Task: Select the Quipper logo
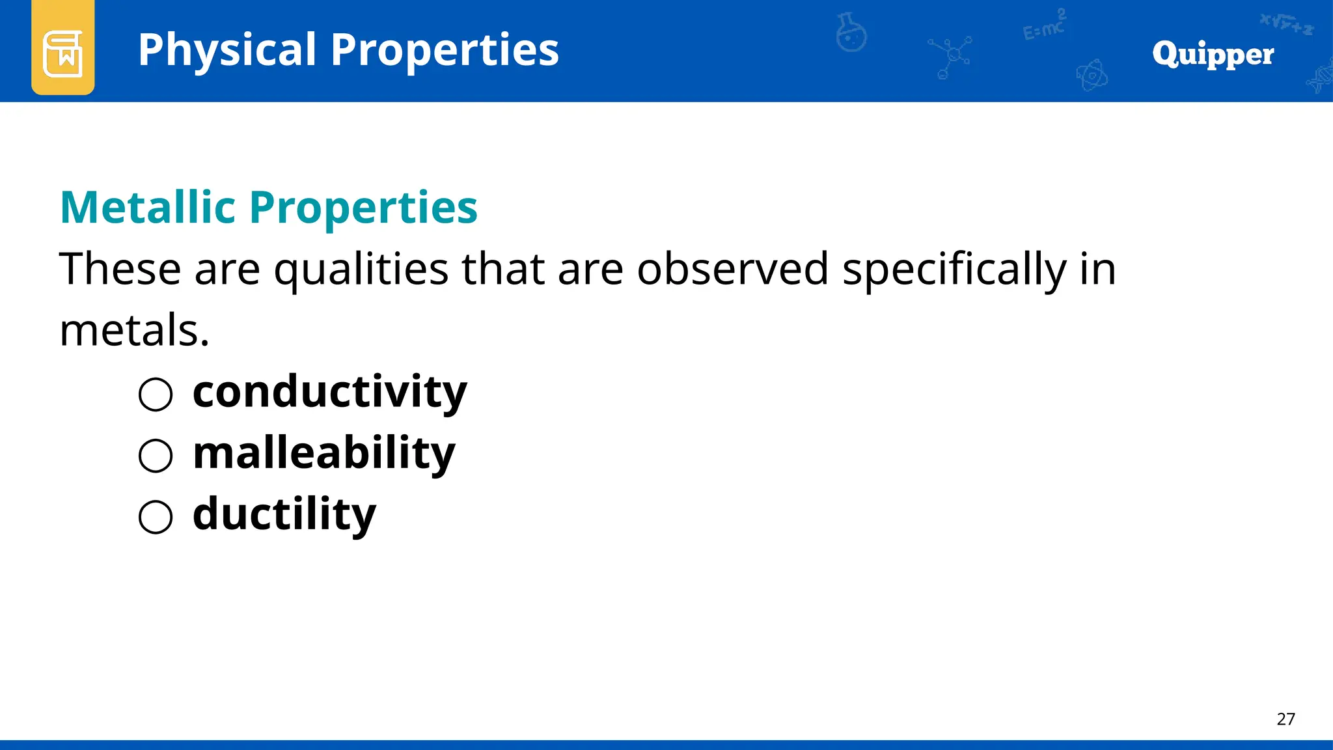click(1213, 54)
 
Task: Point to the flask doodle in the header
click(851, 33)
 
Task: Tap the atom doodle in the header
click(1092, 76)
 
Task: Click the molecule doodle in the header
click(950, 56)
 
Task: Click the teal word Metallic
click(148, 208)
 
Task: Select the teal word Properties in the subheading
click(363, 208)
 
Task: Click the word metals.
click(134, 330)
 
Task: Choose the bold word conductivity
click(329, 392)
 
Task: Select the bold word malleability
click(323, 453)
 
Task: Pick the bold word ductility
click(284, 514)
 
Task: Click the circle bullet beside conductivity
click(156, 395)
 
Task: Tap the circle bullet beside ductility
click(156, 517)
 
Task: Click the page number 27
click(1285, 719)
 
